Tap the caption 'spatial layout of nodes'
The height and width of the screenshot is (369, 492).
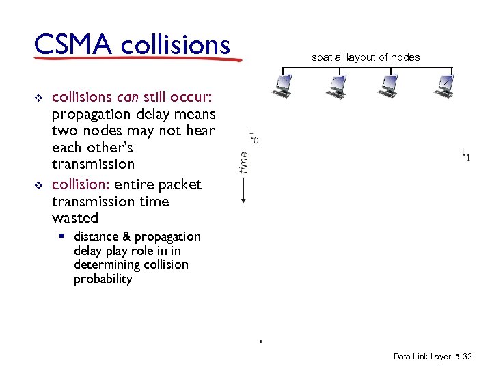coord(366,57)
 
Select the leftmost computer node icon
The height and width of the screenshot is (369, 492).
coord(281,85)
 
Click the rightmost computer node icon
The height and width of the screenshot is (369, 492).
coord(445,85)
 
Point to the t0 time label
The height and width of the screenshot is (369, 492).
coord(253,137)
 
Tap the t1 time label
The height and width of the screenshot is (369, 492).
coord(465,154)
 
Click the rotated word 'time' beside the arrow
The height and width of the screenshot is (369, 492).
coord(244,161)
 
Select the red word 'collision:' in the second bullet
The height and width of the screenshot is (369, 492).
coord(81,184)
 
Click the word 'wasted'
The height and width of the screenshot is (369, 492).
coord(75,218)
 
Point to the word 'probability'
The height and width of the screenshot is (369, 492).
coord(102,279)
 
